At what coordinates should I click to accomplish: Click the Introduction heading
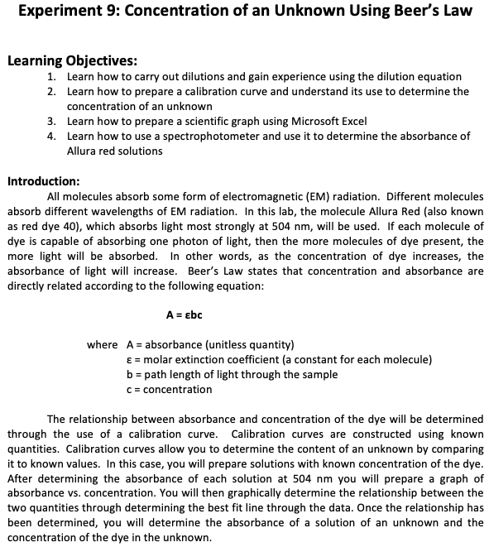44,180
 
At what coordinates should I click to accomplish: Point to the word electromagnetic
266,196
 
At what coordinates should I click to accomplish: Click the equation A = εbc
185,314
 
